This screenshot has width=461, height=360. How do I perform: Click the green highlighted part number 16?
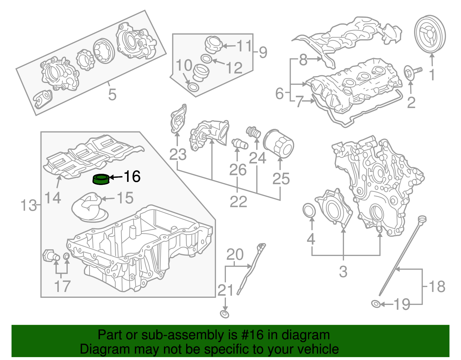pyautogui.click(x=101, y=179)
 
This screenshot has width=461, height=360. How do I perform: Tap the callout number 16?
pyautogui.click(x=132, y=176)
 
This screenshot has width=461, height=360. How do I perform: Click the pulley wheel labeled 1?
pyautogui.click(x=430, y=36)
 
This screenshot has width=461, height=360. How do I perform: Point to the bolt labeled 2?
pyautogui.click(x=412, y=73)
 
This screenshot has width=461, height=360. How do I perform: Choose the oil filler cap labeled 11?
pyautogui.click(x=214, y=45)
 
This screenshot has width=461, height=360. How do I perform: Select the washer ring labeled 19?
pyautogui.click(x=376, y=304)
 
